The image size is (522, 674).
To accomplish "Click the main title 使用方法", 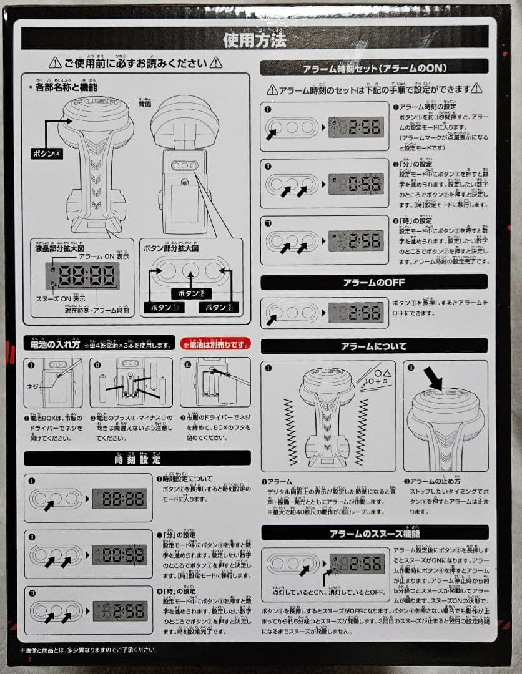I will point(255,40).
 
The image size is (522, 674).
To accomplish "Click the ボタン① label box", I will point(163,307).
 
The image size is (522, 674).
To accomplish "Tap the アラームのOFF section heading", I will point(373,283).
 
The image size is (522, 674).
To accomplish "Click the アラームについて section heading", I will point(373,346).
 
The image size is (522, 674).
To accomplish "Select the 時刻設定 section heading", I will point(137,459).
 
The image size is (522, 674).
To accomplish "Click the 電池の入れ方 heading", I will point(56,344).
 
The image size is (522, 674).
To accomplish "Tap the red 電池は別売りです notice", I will point(215,344).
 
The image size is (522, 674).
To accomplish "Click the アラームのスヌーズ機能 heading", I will point(373,534).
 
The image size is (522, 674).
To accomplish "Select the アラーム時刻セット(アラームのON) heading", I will point(373,68).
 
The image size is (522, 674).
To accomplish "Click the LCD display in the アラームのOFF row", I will point(356,313).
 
